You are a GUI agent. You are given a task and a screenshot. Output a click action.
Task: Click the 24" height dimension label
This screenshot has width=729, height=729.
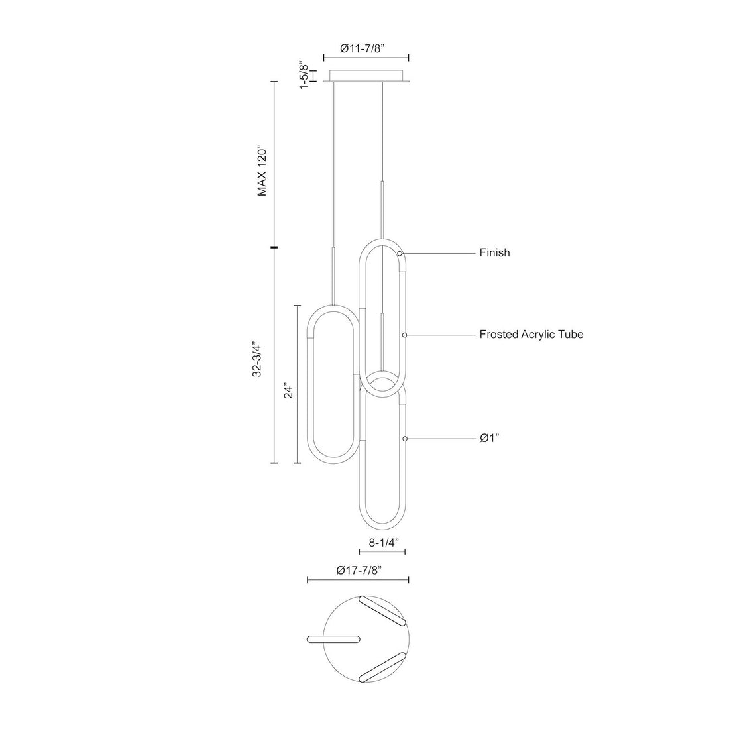(x=289, y=391)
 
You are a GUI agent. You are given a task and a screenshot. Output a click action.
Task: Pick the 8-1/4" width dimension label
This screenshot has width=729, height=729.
(x=384, y=542)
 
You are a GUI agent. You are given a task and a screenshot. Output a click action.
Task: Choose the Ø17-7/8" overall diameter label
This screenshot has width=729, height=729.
(x=359, y=570)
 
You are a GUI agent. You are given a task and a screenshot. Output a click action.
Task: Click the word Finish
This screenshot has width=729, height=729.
(x=494, y=252)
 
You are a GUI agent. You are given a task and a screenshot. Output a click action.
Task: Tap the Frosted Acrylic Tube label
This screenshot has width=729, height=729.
(x=532, y=334)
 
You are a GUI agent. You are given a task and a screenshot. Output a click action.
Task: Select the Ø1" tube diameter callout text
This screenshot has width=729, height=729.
(x=490, y=438)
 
